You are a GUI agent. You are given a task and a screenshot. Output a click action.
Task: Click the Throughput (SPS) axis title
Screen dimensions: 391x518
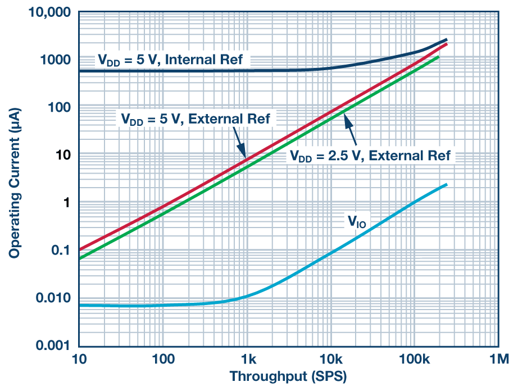tap(288, 376)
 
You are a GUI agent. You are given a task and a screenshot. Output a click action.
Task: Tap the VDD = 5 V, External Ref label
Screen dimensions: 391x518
tap(195, 119)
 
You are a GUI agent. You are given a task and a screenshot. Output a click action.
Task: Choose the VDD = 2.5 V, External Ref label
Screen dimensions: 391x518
tap(370, 156)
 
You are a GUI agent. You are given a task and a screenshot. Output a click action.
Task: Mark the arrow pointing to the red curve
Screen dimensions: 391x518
tap(238, 143)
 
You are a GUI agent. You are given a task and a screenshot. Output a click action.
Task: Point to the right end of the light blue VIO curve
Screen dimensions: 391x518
tap(447, 184)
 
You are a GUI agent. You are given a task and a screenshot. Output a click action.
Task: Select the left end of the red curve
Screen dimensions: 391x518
tap(79, 249)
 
